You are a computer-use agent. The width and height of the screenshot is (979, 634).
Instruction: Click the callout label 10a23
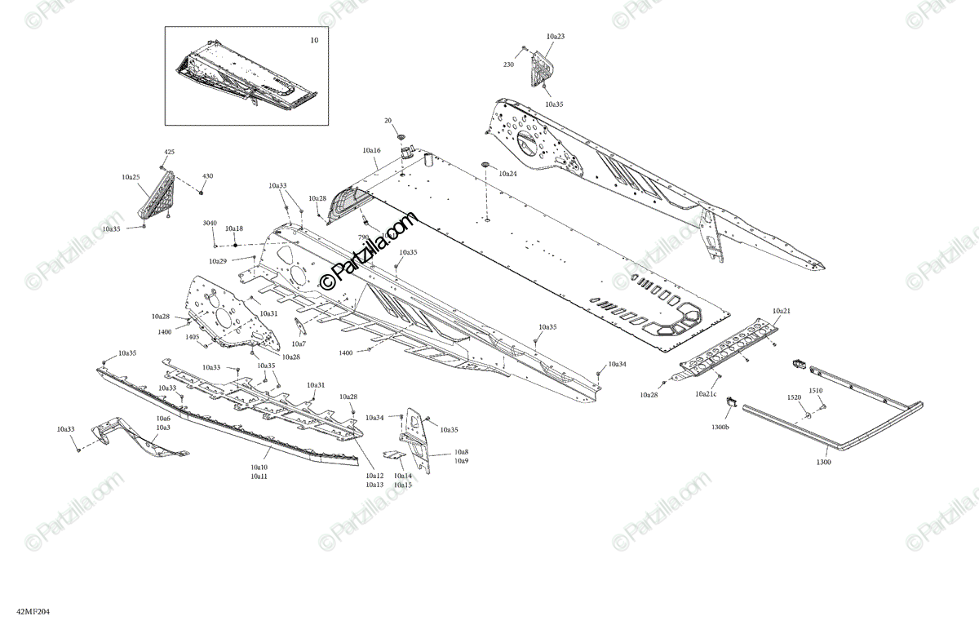556,37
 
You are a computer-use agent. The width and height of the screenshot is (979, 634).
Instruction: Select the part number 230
508,64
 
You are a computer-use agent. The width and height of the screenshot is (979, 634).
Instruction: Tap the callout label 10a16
372,151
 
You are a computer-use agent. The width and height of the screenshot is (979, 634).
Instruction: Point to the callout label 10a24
507,174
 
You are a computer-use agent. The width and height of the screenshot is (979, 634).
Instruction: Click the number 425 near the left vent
170,153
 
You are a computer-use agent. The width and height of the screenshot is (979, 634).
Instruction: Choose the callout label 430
208,176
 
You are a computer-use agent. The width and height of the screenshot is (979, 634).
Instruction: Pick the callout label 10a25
131,177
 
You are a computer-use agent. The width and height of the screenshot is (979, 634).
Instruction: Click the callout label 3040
210,223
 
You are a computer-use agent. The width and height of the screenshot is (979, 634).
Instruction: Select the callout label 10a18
234,229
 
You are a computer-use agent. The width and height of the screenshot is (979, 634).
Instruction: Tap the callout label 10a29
218,261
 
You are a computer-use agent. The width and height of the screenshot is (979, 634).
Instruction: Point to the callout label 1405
192,336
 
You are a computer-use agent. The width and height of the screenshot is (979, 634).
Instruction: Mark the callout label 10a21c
707,394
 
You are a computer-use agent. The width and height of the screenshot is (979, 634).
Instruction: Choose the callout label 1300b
720,427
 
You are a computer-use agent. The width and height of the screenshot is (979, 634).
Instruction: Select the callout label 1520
794,397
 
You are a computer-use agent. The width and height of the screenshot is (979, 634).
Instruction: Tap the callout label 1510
816,391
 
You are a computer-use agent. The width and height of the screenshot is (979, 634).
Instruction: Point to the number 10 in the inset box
315,40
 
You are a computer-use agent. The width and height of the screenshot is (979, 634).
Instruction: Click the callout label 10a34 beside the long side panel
617,364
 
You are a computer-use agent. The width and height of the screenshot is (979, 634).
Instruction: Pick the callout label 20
388,121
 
